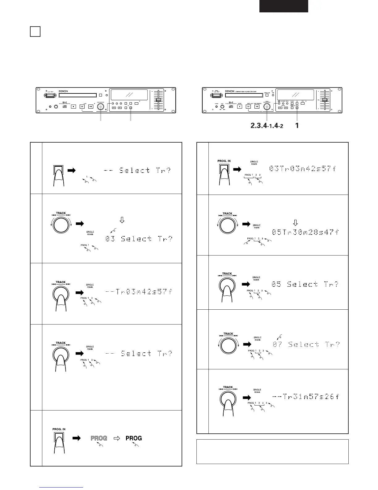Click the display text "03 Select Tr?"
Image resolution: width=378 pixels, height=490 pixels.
139,239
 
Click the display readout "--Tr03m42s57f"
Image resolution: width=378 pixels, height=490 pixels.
138,292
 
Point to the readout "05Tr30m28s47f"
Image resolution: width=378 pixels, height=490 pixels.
305,232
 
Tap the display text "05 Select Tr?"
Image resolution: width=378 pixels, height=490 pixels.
305,284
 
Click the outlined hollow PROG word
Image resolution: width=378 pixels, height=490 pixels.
99,438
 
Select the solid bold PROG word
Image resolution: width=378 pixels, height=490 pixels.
134,438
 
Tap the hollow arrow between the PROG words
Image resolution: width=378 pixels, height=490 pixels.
116,438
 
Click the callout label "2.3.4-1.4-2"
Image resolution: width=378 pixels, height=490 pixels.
267,126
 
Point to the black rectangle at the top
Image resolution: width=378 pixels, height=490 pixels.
283,6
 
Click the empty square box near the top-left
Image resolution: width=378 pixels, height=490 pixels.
35,32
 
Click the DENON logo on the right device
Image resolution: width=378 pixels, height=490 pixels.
229,91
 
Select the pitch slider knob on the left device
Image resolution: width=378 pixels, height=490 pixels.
158,100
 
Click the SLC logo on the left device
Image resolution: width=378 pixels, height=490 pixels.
65,101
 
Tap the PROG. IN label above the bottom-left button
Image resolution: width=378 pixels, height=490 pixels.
59,429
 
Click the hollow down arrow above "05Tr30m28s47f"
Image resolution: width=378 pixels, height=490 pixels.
295,222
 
